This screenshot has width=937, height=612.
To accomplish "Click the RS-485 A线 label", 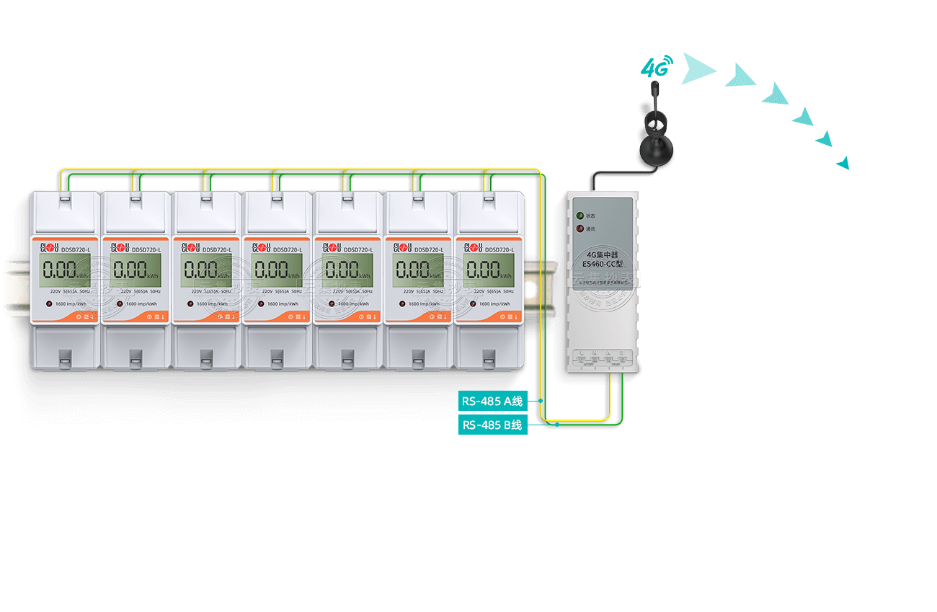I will (493, 401).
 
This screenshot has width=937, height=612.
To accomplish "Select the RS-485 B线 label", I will (493, 425).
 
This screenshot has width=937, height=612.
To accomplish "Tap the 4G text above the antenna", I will (656, 68).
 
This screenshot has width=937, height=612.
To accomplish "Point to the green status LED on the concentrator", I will (579, 215).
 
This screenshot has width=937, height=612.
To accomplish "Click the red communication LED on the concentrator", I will (579, 229).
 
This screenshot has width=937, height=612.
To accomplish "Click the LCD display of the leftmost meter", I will (64, 270).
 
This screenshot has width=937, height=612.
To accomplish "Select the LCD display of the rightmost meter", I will (488, 270).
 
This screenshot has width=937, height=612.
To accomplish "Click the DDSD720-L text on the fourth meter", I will (288, 249).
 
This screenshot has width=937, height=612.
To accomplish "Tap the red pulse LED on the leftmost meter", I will (50, 303).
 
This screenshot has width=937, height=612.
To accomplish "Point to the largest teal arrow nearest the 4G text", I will (697, 68).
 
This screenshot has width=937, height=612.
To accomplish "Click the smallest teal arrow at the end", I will (843, 163).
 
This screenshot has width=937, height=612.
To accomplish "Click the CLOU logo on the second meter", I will (119, 249).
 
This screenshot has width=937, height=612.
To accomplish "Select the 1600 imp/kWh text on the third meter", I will (212, 303).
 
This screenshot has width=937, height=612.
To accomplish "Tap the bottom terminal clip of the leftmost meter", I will (65, 357).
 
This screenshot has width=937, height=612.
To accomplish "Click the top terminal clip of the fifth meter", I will (347, 196).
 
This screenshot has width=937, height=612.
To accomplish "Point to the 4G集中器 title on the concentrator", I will (603, 254).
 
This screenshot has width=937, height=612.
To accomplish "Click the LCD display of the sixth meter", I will (417, 270).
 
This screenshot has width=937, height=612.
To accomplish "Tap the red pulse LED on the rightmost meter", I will (474, 303).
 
